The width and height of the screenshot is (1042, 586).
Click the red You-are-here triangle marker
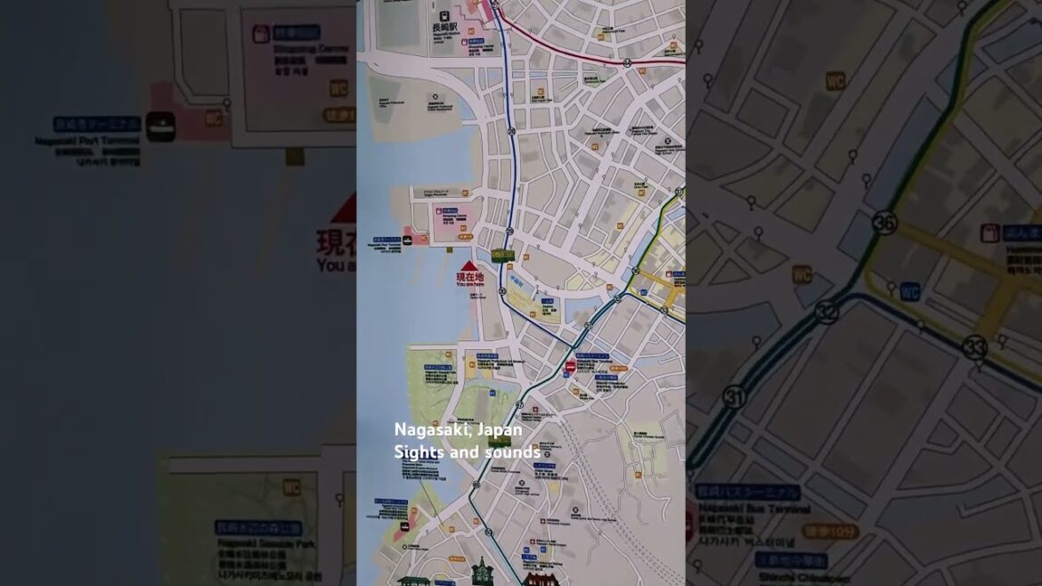[x=468, y=265]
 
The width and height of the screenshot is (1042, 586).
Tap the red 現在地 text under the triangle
[x=469, y=277]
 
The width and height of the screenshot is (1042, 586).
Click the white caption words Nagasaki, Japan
[x=458, y=429]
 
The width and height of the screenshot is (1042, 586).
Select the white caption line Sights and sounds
[x=467, y=452]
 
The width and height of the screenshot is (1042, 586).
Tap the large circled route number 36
[x=883, y=223]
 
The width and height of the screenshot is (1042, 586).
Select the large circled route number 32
[x=826, y=311]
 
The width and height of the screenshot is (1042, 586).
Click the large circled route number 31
[x=734, y=396]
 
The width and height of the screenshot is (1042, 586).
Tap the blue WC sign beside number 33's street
[x=909, y=291]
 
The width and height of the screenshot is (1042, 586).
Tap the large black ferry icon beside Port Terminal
[x=160, y=126]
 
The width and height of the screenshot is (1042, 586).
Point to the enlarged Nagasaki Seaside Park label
[x=257, y=541]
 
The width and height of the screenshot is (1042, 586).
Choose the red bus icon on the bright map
[x=570, y=366]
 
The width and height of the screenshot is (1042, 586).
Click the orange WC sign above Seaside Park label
[x=291, y=487]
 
